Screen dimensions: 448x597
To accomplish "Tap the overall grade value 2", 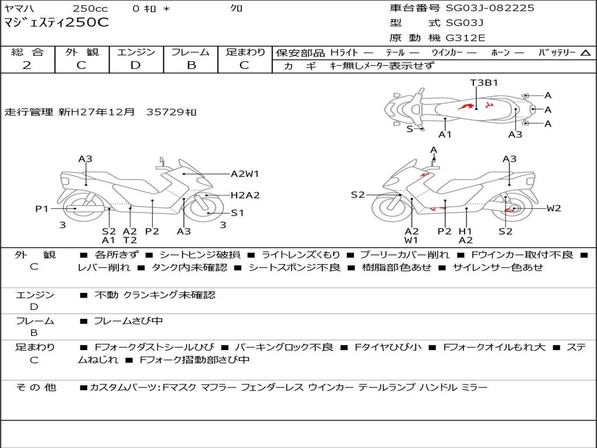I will pos(27,65).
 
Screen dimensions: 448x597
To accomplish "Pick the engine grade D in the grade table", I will pos(135,65).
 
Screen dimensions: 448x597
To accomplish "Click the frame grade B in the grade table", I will pos(191,65).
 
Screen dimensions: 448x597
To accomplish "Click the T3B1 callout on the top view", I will pos(484,82).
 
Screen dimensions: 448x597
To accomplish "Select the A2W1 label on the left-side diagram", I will pos(244,173).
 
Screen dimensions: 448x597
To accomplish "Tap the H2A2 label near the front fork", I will pos(245,195).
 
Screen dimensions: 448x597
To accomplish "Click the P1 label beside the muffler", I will pos(41,208).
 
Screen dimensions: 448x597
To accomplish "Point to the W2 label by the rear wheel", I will pos(553,208).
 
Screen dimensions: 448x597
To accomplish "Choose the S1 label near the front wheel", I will pos(237,213).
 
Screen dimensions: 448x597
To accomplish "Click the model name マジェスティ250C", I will pos(56,23).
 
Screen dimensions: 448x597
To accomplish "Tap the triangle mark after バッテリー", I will pos(585,52).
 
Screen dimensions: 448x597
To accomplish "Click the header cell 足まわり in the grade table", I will pos(245,52).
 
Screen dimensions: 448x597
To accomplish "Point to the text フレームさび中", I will pos(128,321).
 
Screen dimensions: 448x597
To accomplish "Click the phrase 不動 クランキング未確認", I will pos(154,295).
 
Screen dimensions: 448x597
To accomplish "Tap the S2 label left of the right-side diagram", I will pos(357,195).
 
